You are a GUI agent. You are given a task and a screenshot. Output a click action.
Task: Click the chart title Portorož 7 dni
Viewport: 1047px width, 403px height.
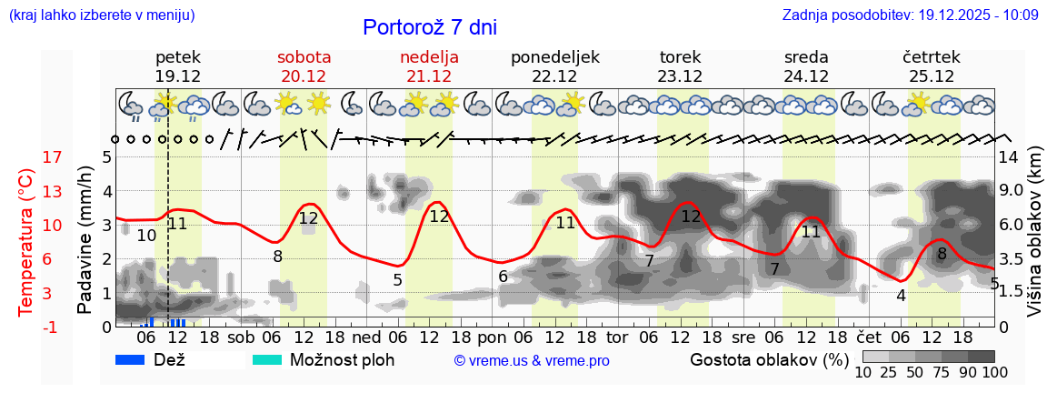coord(429,27)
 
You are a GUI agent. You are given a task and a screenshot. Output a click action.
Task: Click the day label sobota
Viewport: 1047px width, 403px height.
coord(304,57)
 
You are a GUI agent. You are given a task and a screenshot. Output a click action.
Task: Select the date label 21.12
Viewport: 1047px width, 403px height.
coord(429,76)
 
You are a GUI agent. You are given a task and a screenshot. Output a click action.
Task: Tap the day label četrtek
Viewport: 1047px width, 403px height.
coord(932,57)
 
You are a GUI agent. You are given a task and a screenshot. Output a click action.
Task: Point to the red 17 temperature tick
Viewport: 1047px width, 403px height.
coord(27,157)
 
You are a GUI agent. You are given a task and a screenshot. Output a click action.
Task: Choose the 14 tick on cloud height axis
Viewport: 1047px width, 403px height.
coord(1010,157)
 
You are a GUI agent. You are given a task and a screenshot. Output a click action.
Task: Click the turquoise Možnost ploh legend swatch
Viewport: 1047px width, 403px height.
coord(267,359)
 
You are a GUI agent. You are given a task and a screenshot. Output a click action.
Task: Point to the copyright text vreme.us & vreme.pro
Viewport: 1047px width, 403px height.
coord(532,360)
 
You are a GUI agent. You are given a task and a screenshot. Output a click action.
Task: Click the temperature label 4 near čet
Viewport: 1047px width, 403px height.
coord(901,296)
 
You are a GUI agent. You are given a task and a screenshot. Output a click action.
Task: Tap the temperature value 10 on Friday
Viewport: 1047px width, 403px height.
coord(146,236)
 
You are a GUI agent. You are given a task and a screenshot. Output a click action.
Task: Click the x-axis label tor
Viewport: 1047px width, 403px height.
coord(617,338)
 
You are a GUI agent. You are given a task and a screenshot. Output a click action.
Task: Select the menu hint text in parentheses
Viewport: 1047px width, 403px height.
coord(101,15)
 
